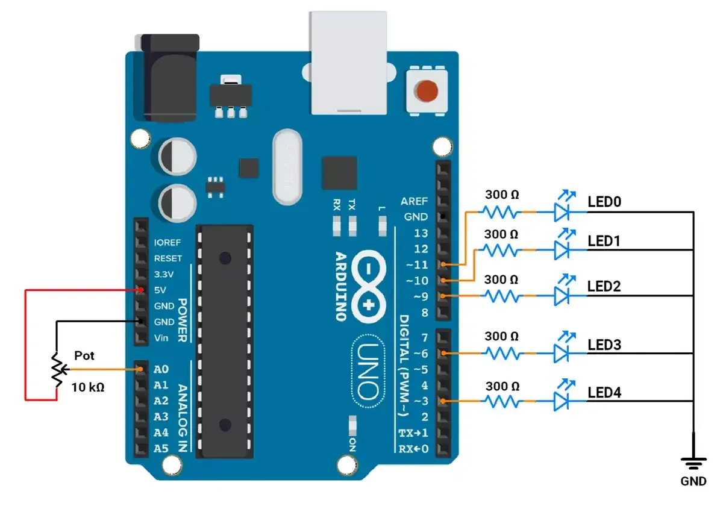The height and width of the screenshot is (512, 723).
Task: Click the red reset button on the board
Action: pos(427,91)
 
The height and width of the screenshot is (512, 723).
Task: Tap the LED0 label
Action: pos(604,202)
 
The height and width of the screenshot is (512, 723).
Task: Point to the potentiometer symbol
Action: pos(58,370)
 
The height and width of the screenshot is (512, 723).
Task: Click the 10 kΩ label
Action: pos(88,387)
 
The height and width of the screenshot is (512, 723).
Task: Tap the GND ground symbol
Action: pos(693,464)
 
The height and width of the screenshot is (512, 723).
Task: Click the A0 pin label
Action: pos(161,369)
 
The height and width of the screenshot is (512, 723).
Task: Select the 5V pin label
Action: pos(160,290)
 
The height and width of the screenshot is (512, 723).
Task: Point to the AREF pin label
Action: pos(414,201)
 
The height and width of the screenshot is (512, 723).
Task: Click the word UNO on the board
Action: pos(368,371)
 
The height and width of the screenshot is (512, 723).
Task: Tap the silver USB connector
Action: pos(348,63)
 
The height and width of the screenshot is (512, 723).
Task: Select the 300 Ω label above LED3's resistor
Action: pos(501,336)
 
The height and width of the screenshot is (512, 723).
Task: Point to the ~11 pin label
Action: pos(417,265)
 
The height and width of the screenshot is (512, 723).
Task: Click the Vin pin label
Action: pos(161,338)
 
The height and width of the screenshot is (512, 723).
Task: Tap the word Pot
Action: pos(84,355)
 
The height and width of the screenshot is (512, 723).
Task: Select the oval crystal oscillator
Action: pos(287,167)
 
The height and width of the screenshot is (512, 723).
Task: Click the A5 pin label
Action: pos(161,448)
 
